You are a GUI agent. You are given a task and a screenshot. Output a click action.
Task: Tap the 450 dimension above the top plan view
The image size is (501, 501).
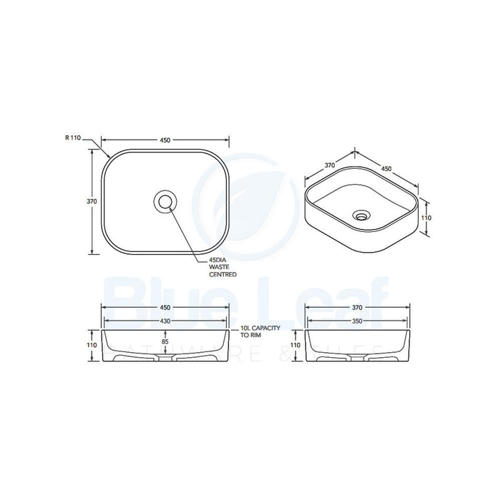coord(165,140)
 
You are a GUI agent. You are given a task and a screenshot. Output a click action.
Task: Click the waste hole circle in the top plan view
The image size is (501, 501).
coord(166,202)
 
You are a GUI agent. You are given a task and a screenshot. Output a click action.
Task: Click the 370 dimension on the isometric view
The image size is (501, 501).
coord(330,165)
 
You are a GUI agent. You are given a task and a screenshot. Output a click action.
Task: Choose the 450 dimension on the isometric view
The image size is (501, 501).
coord(386,169)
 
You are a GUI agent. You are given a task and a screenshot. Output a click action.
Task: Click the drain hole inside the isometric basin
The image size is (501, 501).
coord(362,213)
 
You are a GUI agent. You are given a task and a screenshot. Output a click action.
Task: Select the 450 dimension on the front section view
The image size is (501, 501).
coord(166,307)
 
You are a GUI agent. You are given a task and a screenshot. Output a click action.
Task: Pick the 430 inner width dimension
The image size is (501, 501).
coord(166,321)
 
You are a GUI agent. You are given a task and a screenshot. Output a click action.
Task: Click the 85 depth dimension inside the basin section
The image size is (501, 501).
coord(166,341)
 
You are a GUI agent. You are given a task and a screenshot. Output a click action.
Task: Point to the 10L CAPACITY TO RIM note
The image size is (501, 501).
coord(260,331)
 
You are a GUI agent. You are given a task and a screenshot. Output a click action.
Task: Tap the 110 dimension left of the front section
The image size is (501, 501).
coord(92,344)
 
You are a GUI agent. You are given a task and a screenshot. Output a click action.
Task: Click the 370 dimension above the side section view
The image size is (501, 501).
coord(358,307)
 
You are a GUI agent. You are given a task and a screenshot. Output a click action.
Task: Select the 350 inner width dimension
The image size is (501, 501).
coord(358,321)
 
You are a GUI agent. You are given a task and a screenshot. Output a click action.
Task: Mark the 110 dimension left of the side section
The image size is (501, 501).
coord(295,344)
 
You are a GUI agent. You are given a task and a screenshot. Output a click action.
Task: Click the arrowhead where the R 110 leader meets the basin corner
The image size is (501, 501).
coord(109,157)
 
